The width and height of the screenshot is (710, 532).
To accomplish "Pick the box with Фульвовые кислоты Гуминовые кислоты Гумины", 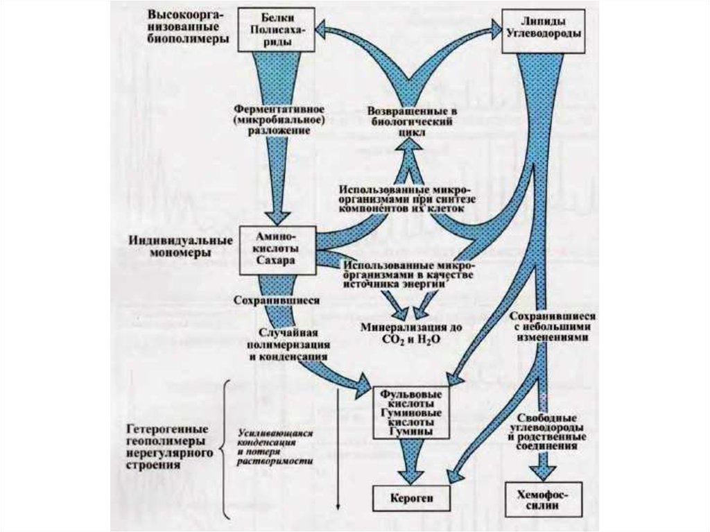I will click(408, 412).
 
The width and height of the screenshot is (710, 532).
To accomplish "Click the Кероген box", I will click(408, 498).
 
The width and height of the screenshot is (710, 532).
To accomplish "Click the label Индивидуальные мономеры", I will click(180, 246).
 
